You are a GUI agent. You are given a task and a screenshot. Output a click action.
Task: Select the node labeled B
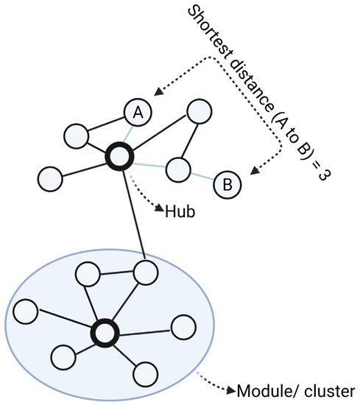pyautogui.click(x=227, y=184)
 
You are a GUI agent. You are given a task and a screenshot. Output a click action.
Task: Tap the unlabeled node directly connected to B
pyautogui.click(x=177, y=170)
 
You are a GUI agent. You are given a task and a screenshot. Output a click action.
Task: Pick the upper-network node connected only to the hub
pyautogui.click(x=50, y=178)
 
